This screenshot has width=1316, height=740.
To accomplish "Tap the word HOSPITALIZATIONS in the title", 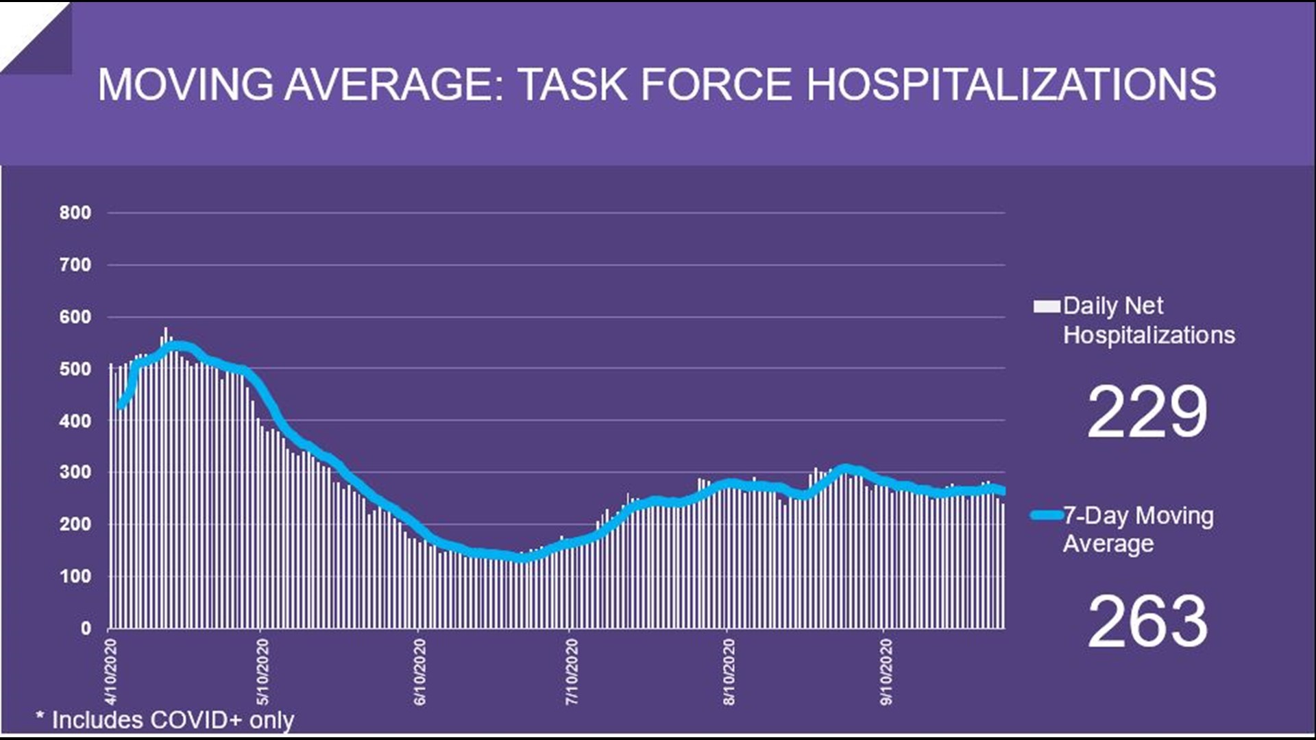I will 1011,85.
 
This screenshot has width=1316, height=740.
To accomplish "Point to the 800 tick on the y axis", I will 75,213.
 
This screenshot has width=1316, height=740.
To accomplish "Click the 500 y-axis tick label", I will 75,369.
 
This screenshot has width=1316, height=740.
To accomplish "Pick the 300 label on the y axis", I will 75,472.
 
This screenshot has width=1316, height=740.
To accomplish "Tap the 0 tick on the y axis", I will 86,628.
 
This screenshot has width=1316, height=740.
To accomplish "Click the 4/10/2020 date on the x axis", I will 111,671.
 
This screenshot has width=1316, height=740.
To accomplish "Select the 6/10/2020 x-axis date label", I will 419,671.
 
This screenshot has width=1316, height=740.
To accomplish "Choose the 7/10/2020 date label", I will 572,671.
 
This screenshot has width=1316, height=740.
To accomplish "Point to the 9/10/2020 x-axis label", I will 886,671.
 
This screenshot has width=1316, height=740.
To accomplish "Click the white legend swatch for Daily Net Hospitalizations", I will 1047,306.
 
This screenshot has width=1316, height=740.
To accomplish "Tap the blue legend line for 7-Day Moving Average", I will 1047,515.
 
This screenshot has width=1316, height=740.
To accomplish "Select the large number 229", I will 1147,412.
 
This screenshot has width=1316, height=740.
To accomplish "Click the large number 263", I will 1147,621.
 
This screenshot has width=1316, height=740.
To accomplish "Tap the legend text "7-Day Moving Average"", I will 1138,530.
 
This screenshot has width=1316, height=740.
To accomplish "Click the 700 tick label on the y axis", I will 75,265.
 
